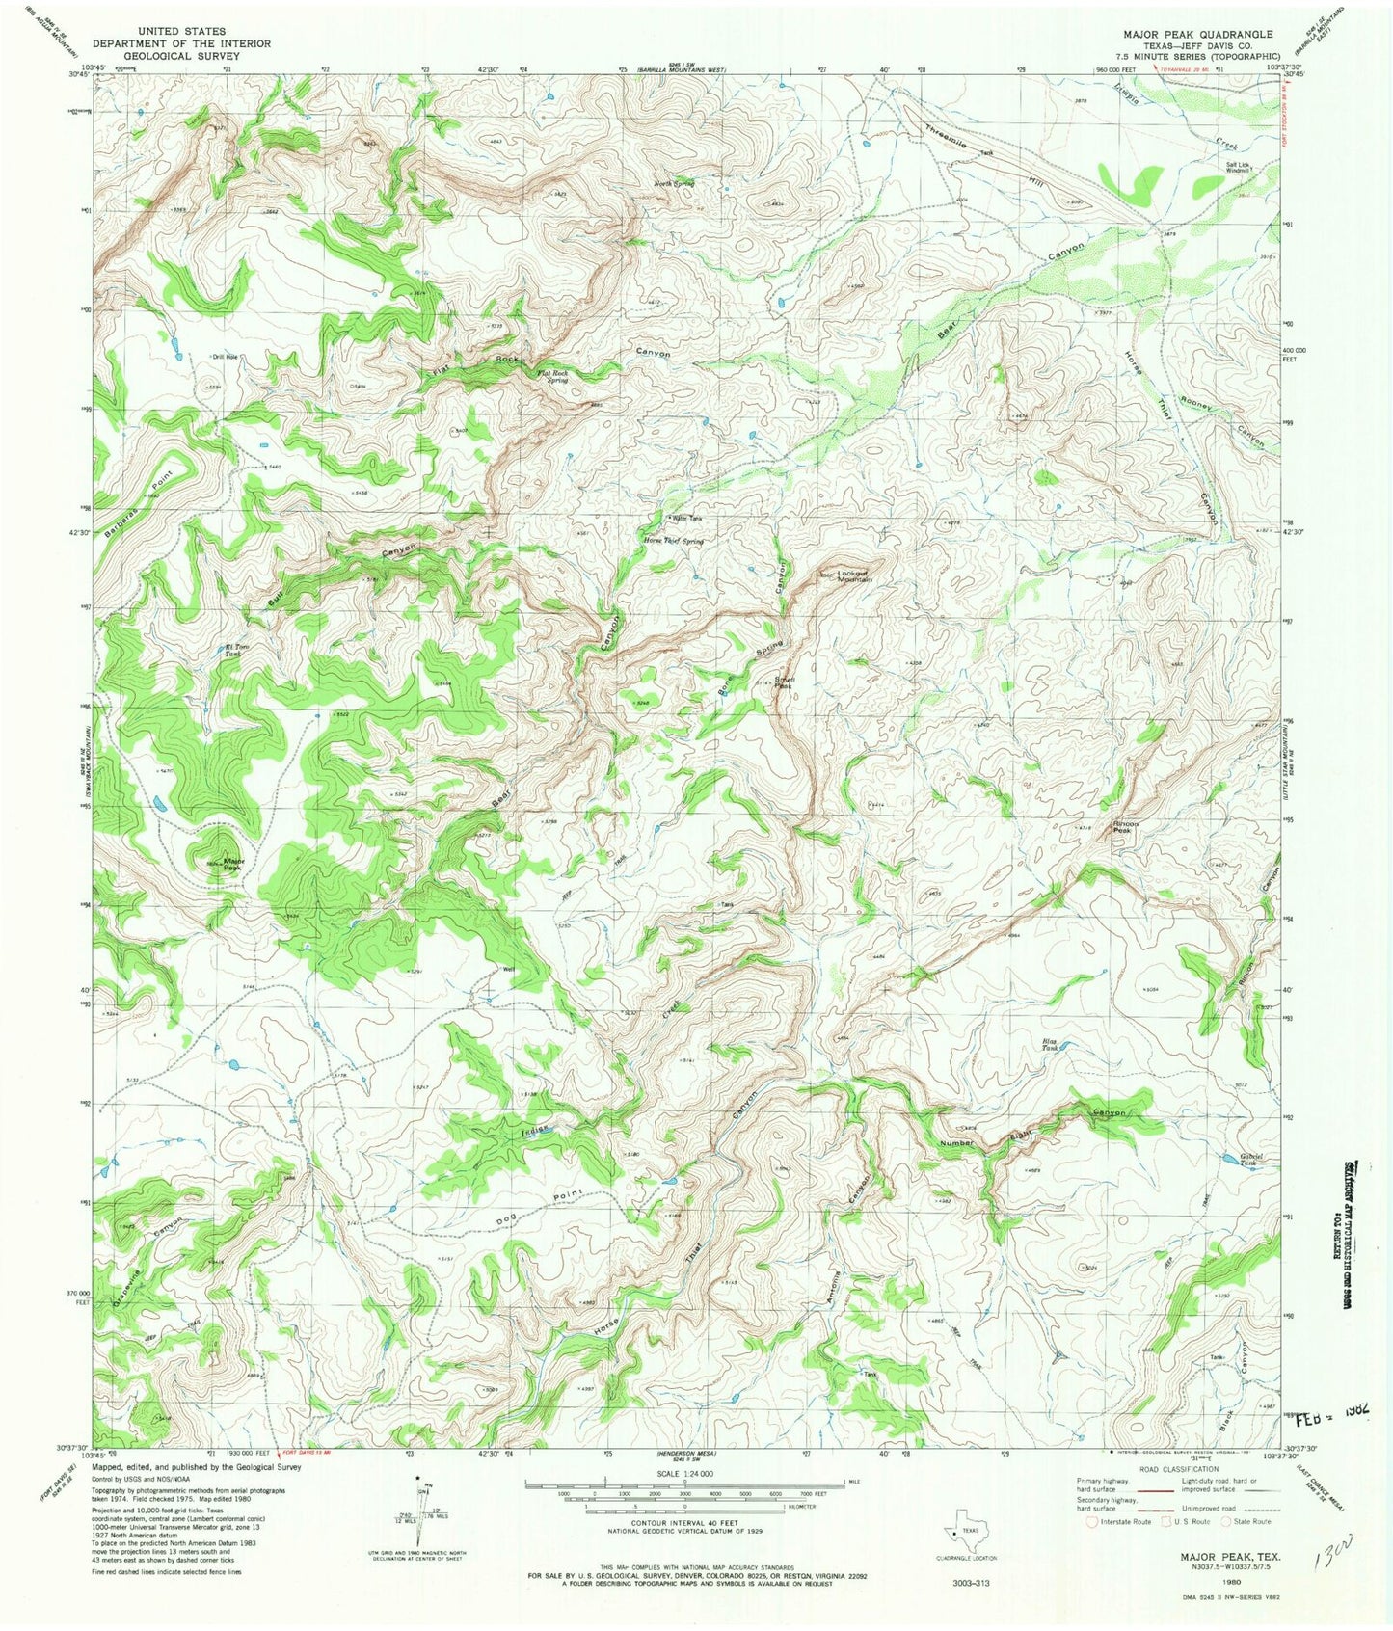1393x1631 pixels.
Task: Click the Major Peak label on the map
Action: (x=233, y=864)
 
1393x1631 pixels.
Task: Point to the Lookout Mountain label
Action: (x=854, y=575)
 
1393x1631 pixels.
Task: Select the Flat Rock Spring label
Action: (x=551, y=376)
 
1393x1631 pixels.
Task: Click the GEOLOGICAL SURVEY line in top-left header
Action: (x=181, y=56)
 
